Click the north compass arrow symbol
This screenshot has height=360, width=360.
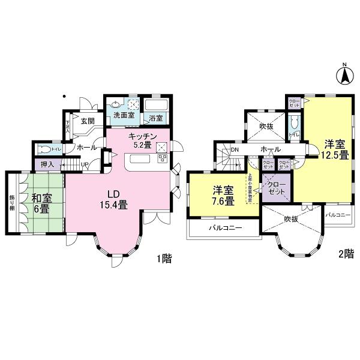coord(345,75)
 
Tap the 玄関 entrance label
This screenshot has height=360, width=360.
coord(88,121)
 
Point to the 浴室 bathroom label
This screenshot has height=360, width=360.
coord(156,118)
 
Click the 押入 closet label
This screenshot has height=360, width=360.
coord(47,164)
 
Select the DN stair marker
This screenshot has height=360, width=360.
coord(236,149)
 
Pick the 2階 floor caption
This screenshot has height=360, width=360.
coord(344,254)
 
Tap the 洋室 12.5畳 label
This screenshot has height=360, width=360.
coord(336,149)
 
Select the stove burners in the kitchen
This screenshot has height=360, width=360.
coord(162,158)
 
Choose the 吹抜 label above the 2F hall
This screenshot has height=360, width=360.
coord(266,127)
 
